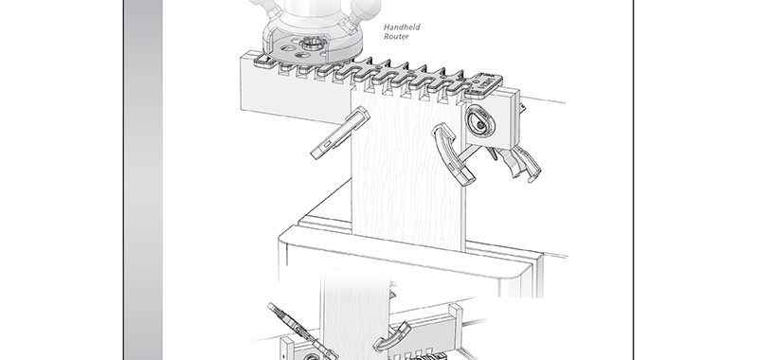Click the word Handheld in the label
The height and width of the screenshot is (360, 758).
[402, 27]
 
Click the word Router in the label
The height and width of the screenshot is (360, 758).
[396, 36]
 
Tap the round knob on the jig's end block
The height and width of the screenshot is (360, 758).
[479, 121]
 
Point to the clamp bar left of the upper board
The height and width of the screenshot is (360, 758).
[340, 133]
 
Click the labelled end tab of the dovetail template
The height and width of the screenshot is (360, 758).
[483, 84]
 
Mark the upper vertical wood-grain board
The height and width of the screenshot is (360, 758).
[407, 170]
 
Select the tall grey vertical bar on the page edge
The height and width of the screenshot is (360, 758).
[143, 180]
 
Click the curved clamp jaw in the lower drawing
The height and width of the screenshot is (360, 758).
[391, 336]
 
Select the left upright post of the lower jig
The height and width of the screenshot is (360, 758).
[287, 349]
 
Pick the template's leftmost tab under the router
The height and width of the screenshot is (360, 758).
[262, 60]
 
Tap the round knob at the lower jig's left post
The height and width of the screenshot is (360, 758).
[311, 357]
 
